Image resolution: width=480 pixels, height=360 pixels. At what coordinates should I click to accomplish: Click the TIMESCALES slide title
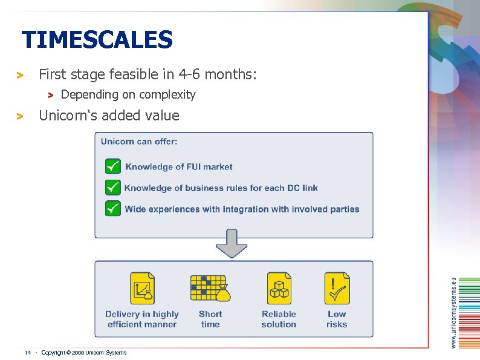97,41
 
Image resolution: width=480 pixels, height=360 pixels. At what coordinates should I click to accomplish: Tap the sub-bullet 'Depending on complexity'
128,94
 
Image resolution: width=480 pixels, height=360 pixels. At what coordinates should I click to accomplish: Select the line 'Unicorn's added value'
109,115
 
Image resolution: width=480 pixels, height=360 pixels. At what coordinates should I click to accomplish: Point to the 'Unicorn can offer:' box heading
139,142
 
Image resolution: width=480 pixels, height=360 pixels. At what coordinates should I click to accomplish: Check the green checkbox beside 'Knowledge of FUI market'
113,166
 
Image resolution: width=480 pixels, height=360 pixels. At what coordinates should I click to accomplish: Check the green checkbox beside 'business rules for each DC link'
113,188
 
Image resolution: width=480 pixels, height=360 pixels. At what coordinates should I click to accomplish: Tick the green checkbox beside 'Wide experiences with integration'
113,209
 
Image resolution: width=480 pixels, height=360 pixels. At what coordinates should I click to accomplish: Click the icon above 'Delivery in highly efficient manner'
142,289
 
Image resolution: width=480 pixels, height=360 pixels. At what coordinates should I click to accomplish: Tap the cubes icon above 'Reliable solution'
279,289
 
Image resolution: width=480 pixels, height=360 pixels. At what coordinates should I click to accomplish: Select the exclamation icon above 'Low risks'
337,288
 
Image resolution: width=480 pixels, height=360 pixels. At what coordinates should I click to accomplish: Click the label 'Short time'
210,319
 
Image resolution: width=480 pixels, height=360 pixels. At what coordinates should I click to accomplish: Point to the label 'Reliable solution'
279,319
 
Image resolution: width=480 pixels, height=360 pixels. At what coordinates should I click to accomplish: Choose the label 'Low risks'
337,319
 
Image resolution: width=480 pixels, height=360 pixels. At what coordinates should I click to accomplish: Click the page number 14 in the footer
28,352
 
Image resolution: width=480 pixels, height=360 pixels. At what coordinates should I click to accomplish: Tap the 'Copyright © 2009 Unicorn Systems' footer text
84,352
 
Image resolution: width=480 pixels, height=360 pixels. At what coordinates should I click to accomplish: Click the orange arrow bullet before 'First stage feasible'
19,76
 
